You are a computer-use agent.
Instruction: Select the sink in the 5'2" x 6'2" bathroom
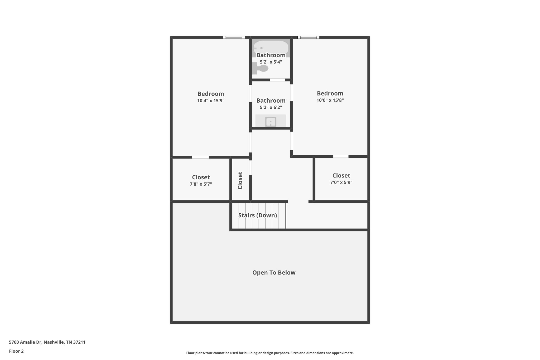(x=271, y=122)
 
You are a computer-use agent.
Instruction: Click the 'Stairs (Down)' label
(x=258, y=215)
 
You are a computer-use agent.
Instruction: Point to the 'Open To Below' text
(x=274, y=273)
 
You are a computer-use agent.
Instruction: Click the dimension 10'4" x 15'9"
(x=211, y=100)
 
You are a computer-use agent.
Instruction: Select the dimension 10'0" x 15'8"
(x=330, y=100)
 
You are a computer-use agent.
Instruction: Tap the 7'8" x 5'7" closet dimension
(x=201, y=184)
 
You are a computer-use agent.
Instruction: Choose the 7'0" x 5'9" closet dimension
(x=341, y=182)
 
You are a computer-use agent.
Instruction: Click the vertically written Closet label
(x=240, y=180)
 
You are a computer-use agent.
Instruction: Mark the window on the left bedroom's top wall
(x=234, y=37)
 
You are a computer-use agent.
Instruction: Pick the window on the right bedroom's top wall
(x=308, y=37)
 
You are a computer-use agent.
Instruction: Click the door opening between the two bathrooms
(x=277, y=80)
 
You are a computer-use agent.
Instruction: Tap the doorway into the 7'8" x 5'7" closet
(x=200, y=157)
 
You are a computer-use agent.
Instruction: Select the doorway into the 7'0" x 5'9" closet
(x=341, y=156)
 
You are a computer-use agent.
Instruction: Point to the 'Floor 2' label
(x=16, y=351)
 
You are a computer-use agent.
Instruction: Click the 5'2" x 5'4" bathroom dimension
(x=271, y=62)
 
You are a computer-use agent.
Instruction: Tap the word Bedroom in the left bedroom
(x=211, y=94)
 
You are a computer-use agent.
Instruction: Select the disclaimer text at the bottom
(x=270, y=353)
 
